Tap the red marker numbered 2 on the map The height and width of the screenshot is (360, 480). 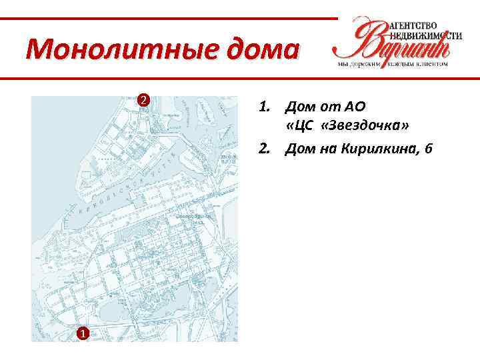(141, 101)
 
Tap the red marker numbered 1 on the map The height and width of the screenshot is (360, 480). (81, 333)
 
